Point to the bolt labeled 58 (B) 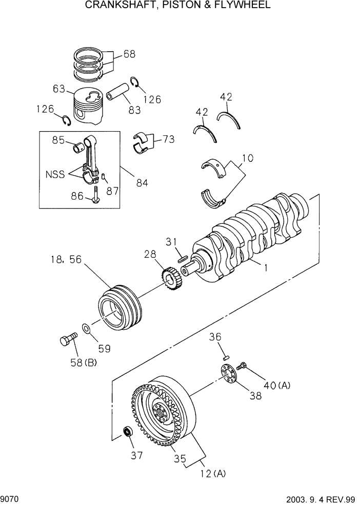(67, 340)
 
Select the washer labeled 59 (87, 328)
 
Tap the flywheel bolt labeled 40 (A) (243, 366)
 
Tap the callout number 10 (248, 159)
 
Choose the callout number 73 (168, 139)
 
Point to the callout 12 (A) (213, 474)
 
